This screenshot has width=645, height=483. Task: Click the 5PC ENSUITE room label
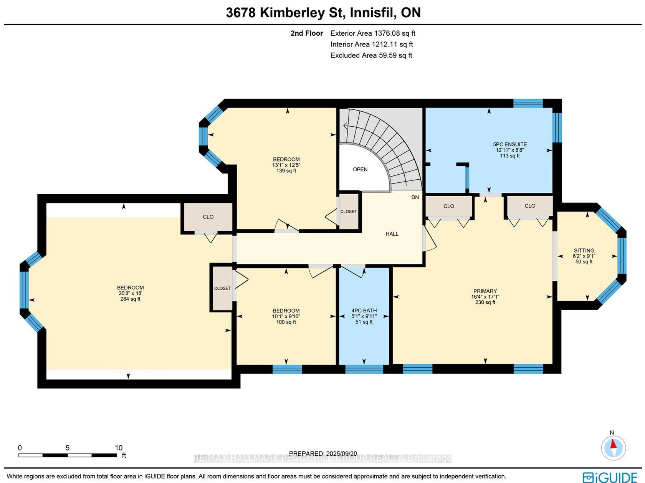tap(510, 144)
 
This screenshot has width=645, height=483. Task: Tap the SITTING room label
tap(584, 251)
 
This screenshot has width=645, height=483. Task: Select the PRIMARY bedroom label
tap(485, 291)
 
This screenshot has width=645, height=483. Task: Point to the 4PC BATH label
tap(364, 311)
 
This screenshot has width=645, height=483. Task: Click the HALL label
tap(392, 234)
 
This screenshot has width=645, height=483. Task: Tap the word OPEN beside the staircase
tap(360, 169)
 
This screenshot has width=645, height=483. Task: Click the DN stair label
tap(415, 197)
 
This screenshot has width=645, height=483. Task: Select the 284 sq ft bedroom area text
tap(130, 299)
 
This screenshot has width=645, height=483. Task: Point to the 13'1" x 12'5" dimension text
tap(286, 165)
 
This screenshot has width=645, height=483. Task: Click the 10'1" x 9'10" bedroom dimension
tap(286, 316)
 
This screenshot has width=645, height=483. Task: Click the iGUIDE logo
tap(610, 477)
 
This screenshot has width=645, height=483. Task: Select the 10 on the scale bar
tap(118, 448)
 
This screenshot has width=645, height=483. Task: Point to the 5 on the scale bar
tap(67, 448)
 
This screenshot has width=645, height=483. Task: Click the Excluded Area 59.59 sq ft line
tap(371, 55)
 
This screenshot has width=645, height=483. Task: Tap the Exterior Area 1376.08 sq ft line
tap(372, 33)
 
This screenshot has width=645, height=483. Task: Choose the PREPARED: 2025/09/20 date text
tap(323, 453)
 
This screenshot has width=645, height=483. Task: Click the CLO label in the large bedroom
tap(208, 217)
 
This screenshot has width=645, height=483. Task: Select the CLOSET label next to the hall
tap(349, 212)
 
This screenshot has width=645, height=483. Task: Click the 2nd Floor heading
tap(306, 33)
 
